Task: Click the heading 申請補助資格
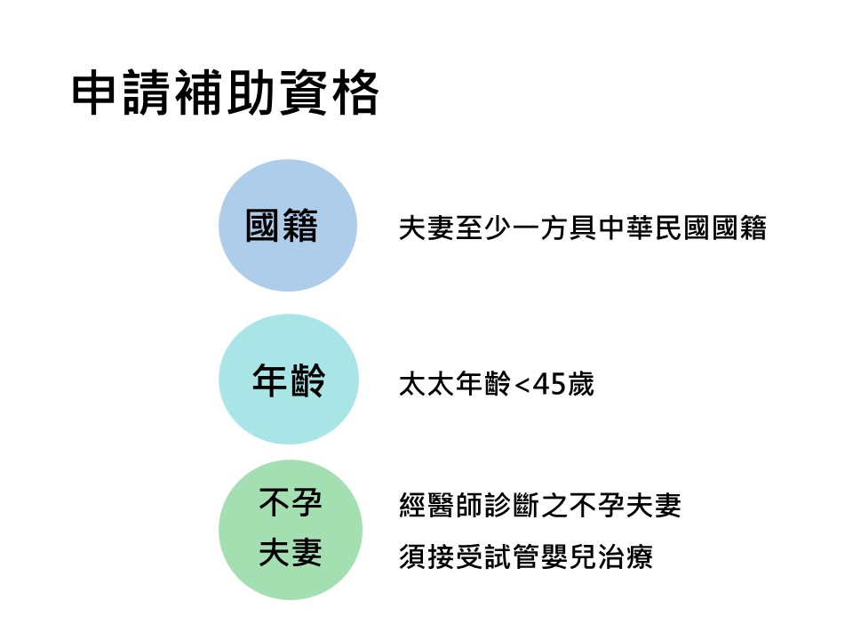[225, 92]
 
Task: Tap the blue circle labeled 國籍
[288, 225]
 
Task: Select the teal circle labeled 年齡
[288, 380]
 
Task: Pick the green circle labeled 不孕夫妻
[291, 530]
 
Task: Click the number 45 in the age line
[548, 384]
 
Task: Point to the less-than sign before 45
[522, 385]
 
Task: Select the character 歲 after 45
[580, 384]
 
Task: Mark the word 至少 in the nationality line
[483, 228]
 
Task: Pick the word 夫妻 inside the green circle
[291, 552]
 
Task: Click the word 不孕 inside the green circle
[291, 502]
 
